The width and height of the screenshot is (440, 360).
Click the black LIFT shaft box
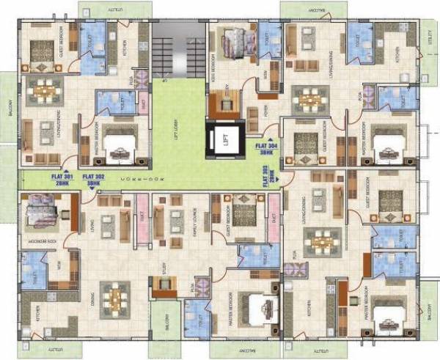coord(226,142)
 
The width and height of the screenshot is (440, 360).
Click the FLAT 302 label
coord(94,176)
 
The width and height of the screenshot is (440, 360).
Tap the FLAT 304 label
coord(264,147)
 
